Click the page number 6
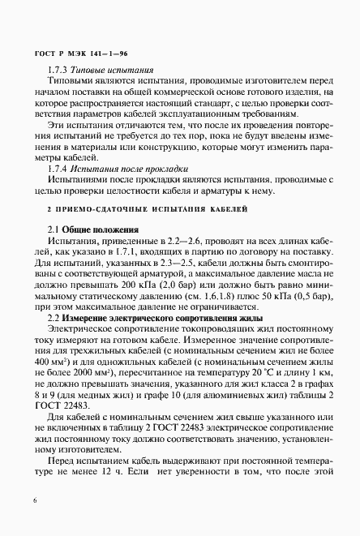click(35, 502)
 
